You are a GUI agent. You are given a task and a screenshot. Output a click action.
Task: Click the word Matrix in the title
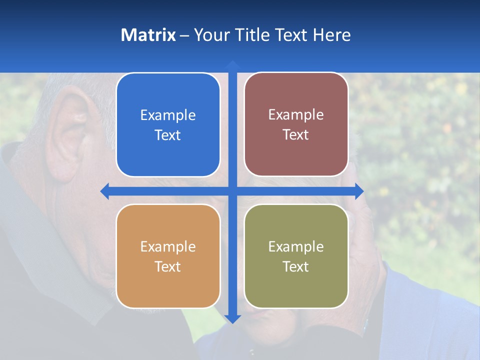pos(148,35)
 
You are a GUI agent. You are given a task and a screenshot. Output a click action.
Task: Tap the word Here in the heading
pos(331,35)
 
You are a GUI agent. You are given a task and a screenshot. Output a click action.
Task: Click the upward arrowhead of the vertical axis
pos(232,64)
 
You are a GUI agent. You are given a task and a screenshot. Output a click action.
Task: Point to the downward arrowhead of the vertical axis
pos(232,318)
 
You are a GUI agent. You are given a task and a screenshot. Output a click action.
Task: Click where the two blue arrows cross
pos(232,191)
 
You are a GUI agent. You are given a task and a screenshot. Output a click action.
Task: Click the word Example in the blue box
pos(168,115)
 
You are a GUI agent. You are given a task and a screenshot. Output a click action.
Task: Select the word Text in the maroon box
pos(296,135)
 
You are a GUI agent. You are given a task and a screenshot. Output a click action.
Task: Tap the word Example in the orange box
pos(168,247)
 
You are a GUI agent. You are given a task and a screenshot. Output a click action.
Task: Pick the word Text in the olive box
pos(296,266)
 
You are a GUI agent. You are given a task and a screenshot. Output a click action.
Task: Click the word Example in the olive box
pos(296,247)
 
